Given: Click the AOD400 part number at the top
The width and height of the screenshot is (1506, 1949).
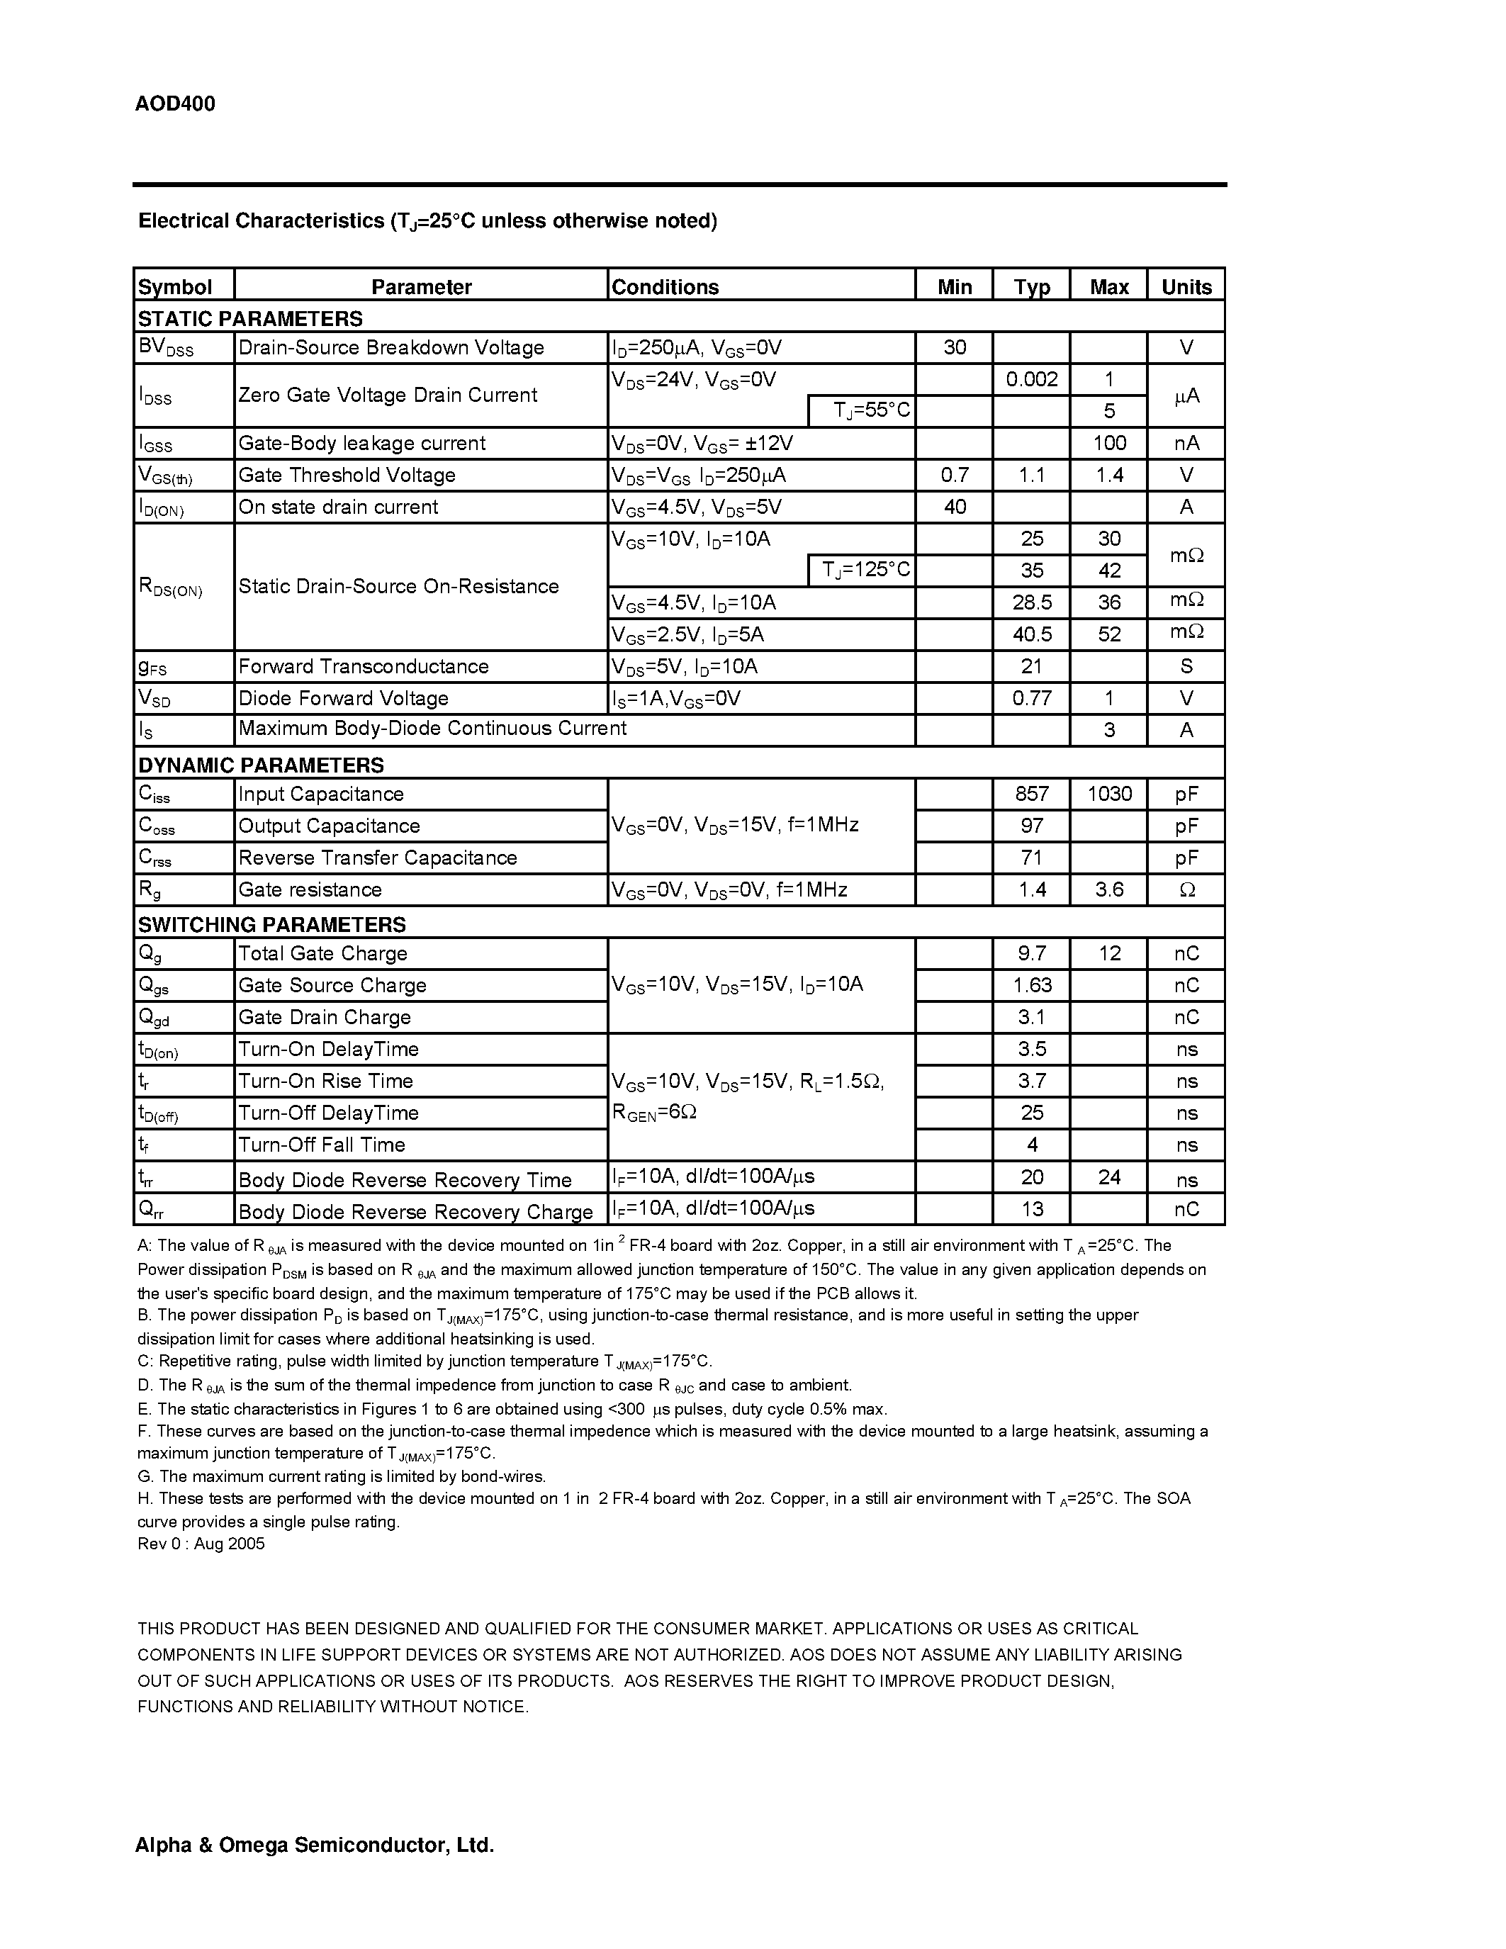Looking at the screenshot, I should pyautogui.click(x=175, y=104).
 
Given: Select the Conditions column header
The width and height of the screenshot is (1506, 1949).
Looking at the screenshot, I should pyautogui.click(x=665, y=286).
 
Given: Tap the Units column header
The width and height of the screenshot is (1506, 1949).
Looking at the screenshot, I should pyautogui.click(x=1186, y=286).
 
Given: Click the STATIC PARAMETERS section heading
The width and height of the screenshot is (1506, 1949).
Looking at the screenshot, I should pyautogui.click(x=249, y=319).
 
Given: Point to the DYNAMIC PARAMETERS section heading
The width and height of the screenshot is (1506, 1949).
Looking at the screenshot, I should pyautogui.click(x=261, y=765).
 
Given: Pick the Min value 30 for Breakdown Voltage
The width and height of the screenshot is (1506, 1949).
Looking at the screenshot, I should pyautogui.click(x=954, y=347).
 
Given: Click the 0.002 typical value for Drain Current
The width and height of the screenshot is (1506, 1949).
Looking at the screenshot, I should pyautogui.click(x=1031, y=379).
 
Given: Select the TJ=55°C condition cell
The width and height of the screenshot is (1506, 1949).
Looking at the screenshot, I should pyautogui.click(x=871, y=410).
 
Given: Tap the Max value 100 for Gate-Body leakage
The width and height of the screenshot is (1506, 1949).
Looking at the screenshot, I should pyautogui.click(x=1109, y=443).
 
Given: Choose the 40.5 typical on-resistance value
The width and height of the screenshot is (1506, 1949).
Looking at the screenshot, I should pyautogui.click(x=1031, y=634).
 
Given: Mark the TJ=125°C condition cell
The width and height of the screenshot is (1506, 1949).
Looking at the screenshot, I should pyautogui.click(x=866, y=571).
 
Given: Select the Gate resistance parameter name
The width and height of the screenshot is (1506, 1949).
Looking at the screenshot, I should pyautogui.click(x=310, y=889).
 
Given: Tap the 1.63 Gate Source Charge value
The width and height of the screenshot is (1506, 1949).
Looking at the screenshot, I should pyautogui.click(x=1031, y=985).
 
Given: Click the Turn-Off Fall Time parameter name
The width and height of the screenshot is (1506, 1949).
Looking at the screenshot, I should pyautogui.click(x=321, y=1145).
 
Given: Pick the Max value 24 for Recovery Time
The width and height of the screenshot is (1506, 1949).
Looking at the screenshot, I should pyautogui.click(x=1109, y=1177).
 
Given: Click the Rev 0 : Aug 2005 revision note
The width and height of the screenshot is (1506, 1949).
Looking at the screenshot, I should pyautogui.click(x=201, y=1544).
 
